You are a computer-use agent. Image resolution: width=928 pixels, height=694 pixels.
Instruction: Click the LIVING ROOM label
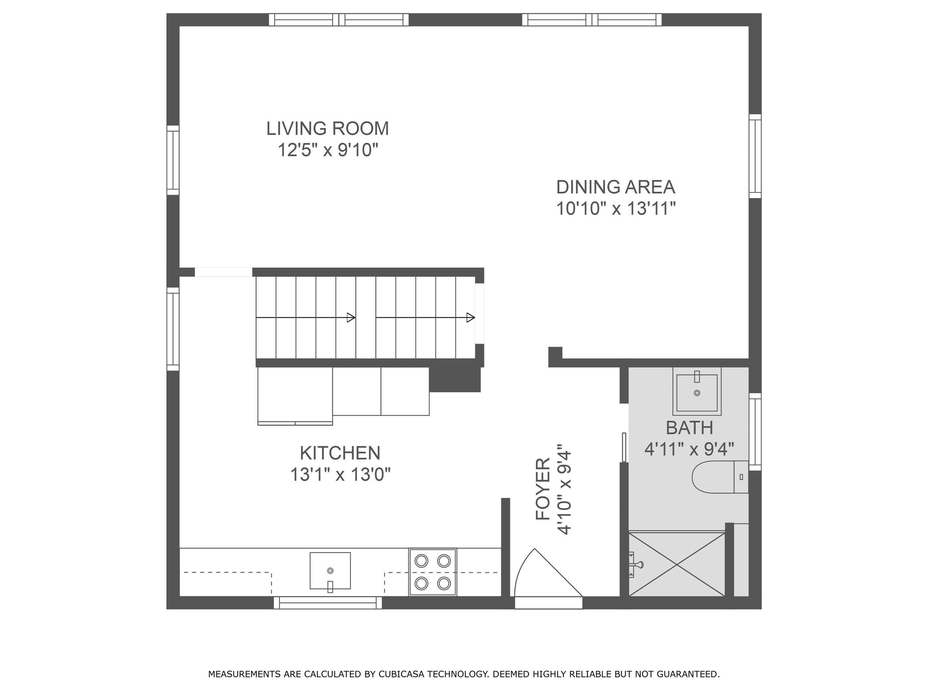click(328, 128)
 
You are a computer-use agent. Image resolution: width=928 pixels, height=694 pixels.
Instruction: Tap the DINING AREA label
click(616, 187)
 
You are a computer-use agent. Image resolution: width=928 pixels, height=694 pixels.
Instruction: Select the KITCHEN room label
click(340, 453)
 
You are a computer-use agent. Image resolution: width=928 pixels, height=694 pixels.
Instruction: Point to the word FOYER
click(543, 489)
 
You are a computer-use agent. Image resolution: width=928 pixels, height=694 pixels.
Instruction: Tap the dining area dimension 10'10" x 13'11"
click(616, 209)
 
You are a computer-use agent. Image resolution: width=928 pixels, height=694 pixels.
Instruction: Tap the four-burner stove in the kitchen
click(433, 572)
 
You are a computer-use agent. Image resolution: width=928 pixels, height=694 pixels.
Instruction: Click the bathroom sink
click(697, 392)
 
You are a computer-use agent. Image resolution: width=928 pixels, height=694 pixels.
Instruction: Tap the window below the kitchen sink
click(328, 603)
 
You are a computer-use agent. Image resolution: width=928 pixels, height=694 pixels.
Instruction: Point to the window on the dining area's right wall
click(755, 156)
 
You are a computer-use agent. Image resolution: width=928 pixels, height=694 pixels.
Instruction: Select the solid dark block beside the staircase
click(455, 379)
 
